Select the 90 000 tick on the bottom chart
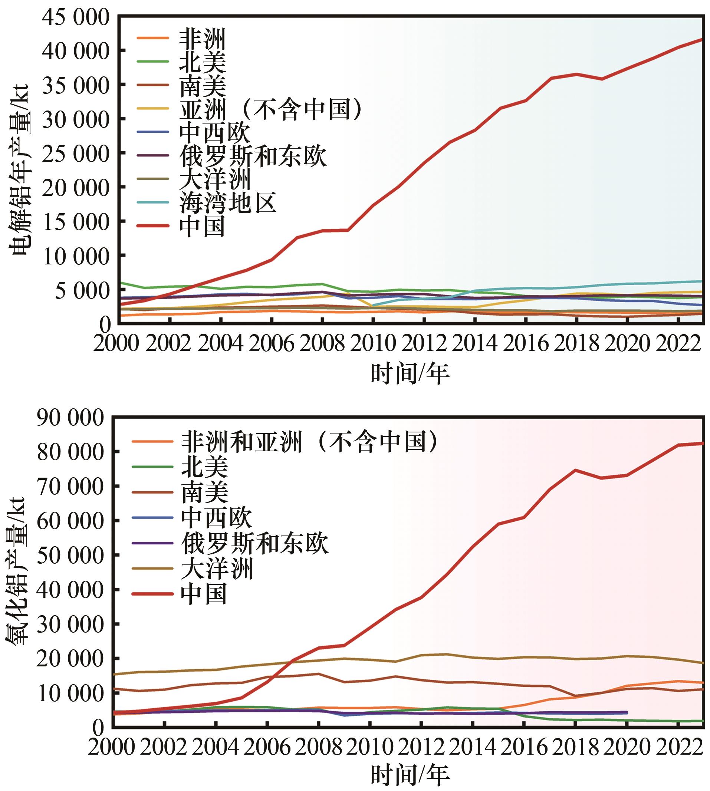click(70, 419)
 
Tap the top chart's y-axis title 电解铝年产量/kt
click(20, 170)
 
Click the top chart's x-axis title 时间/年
click(410, 373)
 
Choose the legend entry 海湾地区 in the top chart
click(228, 202)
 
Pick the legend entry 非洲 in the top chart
click(203, 38)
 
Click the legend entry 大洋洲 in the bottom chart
click(217, 568)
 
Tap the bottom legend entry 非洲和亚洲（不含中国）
click(310, 442)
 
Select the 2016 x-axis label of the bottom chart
click(524, 746)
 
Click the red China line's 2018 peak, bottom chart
click(575, 470)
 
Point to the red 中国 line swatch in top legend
click(153, 226)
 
